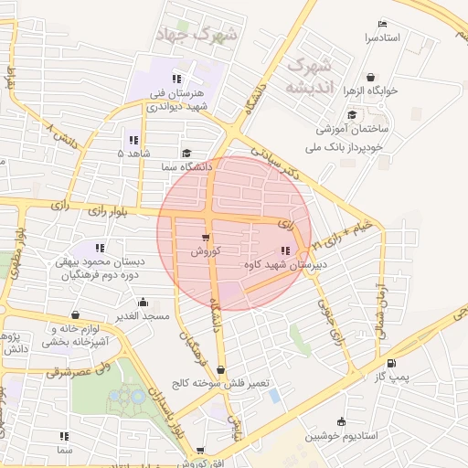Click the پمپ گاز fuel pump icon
click(x=392, y=361)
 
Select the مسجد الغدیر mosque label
click(x=143, y=316)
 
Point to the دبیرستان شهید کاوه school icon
click(x=286, y=250)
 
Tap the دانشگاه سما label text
click(x=186, y=168)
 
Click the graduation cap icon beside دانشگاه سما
click(x=187, y=154)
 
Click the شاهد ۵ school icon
click(x=133, y=140)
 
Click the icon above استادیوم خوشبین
click(x=341, y=422)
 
